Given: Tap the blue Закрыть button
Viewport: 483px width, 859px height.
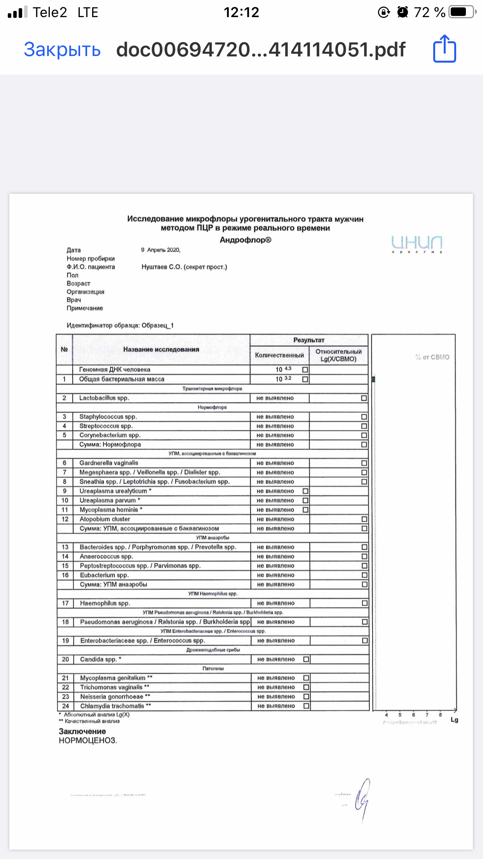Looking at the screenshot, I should pyautogui.click(x=62, y=50).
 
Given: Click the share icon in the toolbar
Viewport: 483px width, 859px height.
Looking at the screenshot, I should pyautogui.click(x=444, y=49).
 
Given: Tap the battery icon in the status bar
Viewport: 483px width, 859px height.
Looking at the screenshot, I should pyautogui.click(x=462, y=12).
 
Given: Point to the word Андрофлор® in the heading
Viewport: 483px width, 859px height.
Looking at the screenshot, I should pyautogui.click(x=245, y=240).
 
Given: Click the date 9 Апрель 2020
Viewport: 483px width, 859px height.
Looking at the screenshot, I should pyautogui.click(x=161, y=250).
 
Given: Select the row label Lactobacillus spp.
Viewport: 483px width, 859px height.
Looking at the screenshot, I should pyautogui.click(x=104, y=398).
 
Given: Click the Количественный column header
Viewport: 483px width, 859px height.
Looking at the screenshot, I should pyautogui.click(x=279, y=355).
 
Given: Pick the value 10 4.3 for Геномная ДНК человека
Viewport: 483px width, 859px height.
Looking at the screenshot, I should pyautogui.click(x=283, y=369).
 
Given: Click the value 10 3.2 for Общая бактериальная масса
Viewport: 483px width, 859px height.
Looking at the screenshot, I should pyautogui.click(x=283, y=379).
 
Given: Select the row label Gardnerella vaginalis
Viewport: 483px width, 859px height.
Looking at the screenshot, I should pyautogui.click(x=108, y=463).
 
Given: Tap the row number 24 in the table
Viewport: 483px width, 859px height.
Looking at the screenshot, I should pyautogui.click(x=65, y=706).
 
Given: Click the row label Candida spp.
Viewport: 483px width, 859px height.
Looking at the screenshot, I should pyautogui.click(x=98, y=659).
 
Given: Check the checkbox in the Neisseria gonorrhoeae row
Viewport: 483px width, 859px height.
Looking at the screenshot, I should pyautogui.click(x=306, y=697).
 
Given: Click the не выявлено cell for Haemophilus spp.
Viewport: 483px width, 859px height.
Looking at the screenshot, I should pyautogui.click(x=276, y=603).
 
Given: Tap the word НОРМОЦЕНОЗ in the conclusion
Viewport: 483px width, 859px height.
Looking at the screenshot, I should pyautogui.click(x=87, y=741).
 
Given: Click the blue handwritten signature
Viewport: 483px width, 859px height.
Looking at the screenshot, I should pyautogui.click(x=362, y=799).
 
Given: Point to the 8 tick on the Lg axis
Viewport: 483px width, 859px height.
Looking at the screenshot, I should pyautogui.click(x=440, y=715).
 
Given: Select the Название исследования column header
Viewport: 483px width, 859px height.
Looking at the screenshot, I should pyautogui.click(x=161, y=349).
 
